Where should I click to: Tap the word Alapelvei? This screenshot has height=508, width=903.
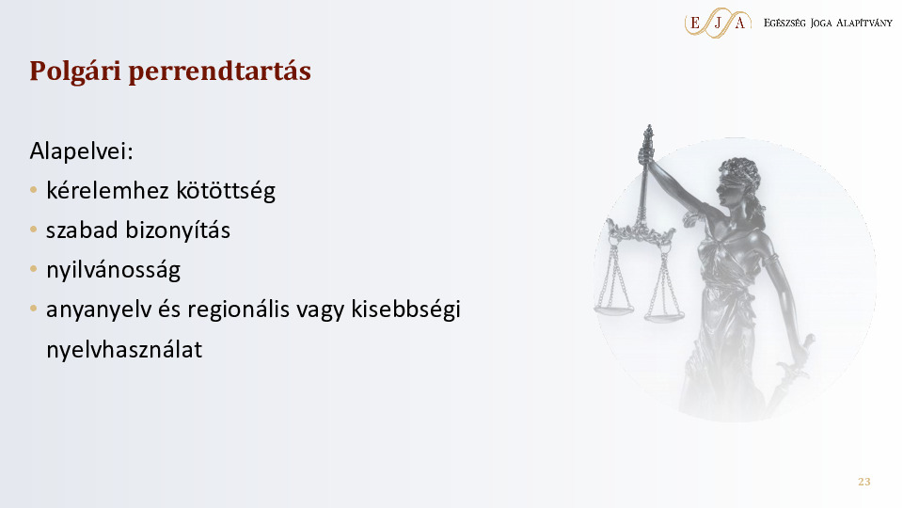(x=81, y=151)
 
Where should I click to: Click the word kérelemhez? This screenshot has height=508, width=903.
(x=107, y=190)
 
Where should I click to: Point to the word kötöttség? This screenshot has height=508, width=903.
(x=226, y=191)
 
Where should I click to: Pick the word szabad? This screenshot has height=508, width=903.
(x=83, y=230)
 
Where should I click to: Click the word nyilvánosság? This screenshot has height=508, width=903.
(x=114, y=271)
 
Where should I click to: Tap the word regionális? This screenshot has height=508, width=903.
(x=238, y=310)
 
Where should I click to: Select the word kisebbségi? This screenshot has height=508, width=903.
(x=406, y=310)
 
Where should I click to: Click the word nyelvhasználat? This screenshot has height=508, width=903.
(x=124, y=350)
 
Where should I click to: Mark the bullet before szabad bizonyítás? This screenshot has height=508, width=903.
(x=34, y=230)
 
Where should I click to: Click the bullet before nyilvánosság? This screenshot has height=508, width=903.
(x=34, y=269)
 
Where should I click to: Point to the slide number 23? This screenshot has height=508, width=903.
(x=863, y=482)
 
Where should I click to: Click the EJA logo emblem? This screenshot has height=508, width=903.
(x=718, y=23)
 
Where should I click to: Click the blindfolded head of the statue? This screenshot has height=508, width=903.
(x=738, y=180)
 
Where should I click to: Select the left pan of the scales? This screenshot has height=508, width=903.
(x=614, y=310)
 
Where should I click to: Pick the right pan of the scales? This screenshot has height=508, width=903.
(x=664, y=316)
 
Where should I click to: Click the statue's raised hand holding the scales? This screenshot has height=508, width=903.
(x=646, y=153)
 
